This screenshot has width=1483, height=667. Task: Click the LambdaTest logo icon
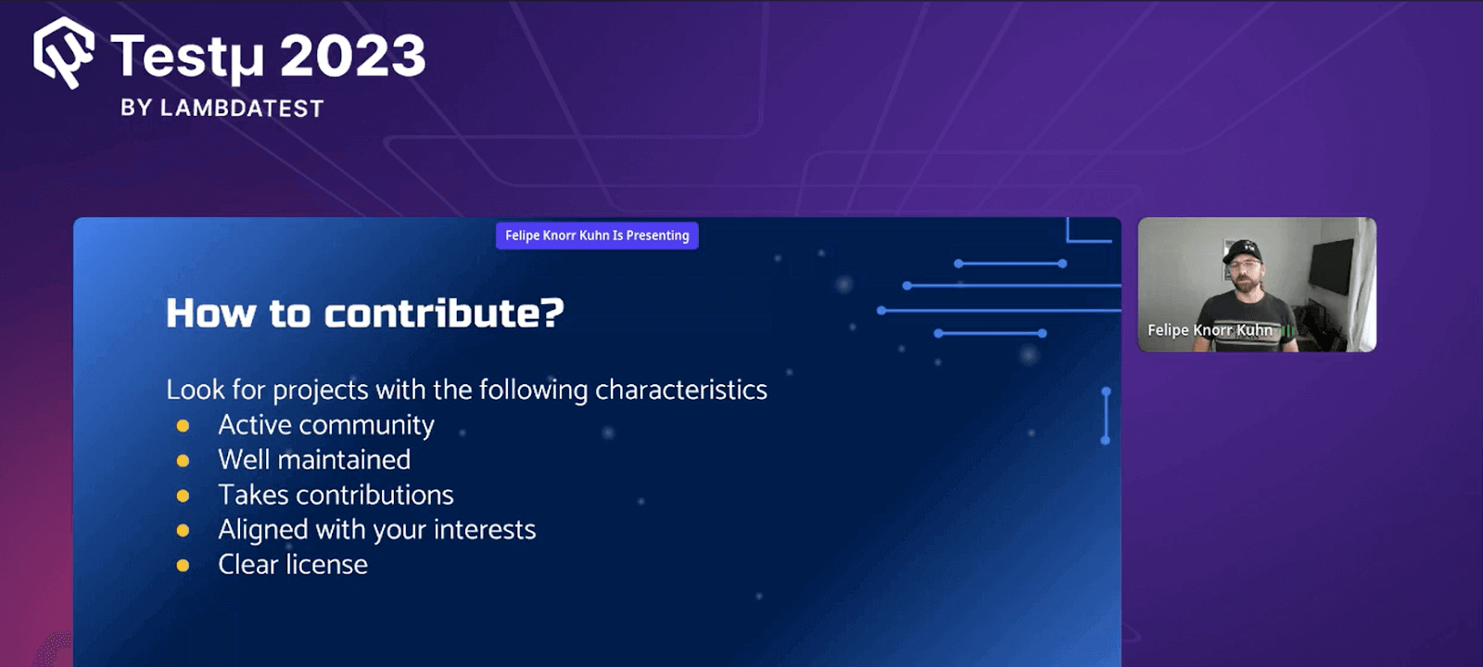[x=63, y=53]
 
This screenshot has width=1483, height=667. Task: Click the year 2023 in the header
[x=352, y=57]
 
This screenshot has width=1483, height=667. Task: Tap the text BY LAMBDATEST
[x=222, y=109]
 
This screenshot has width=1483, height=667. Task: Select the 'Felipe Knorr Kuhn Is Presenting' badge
[x=597, y=236]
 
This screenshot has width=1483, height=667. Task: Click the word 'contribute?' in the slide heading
[x=444, y=314]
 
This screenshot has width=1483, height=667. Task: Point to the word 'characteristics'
[x=681, y=390]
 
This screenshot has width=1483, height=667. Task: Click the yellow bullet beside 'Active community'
[x=183, y=426]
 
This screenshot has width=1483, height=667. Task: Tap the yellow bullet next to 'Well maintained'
[x=183, y=461]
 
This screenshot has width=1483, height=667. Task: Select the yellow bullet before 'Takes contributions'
[x=183, y=496]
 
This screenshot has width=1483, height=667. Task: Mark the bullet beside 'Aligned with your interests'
[x=183, y=531]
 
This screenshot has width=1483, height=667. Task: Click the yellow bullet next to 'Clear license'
[x=183, y=566]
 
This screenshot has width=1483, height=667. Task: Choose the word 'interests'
[x=485, y=530]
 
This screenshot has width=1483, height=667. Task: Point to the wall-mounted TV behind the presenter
[x=1332, y=264]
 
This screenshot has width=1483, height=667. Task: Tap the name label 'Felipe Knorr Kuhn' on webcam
[x=1210, y=330]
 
